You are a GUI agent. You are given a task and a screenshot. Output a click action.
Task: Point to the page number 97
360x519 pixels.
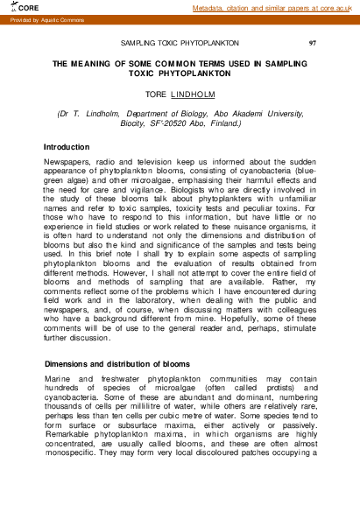click(313, 42)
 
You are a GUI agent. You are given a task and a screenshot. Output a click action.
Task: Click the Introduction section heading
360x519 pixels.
click(67, 146)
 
